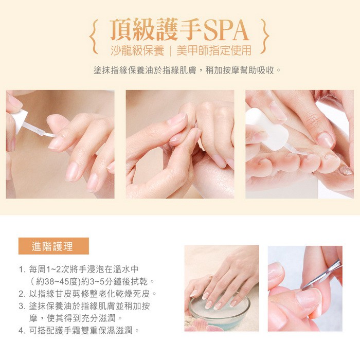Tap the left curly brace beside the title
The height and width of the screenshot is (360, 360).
pyautogui.click(x=94, y=37)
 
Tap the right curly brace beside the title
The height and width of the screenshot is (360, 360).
pyautogui.click(x=265, y=37)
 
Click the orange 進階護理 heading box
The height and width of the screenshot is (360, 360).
pyautogui.click(x=53, y=246)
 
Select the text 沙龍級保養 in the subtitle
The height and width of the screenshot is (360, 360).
pyautogui.click(x=137, y=50)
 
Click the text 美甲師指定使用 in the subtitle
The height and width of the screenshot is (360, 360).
pyautogui.click(x=214, y=50)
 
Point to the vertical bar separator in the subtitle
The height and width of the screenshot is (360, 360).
pyautogui.click(x=170, y=50)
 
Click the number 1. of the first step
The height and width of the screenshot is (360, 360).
pyautogui.click(x=22, y=269)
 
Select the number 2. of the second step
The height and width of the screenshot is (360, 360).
pyautogui.click(x=22, y=294)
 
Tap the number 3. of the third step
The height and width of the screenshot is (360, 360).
pyautogui.click(x=22, y=307)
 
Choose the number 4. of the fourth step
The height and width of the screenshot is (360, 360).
pyautogui.click(x=22, y=331)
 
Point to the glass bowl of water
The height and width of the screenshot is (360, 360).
pyautogui.click(x=219, y=309)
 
